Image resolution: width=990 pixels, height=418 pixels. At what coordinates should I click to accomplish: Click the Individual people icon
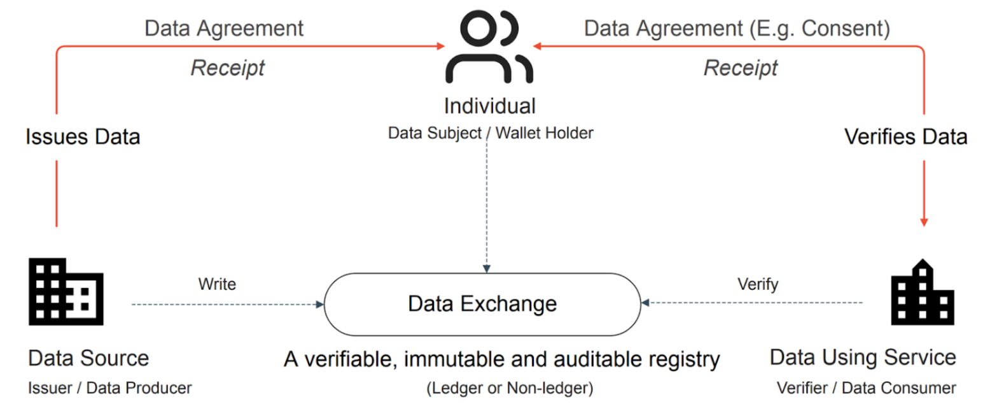[x=488, y=48]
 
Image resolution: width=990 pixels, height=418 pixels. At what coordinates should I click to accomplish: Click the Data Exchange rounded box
[x=482, y=304]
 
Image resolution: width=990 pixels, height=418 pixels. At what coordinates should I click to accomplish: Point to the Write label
[x=216, y=284]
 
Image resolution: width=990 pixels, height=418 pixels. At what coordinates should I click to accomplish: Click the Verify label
[x=757, y=284]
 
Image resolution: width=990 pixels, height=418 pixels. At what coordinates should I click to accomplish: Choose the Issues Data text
[x=83, y=136]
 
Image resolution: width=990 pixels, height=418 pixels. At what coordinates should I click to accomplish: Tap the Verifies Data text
[x=905, y=136]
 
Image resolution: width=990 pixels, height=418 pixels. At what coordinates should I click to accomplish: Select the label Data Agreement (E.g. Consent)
[x=737, y=29]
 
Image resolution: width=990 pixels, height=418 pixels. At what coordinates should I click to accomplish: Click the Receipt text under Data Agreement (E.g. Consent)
[x=740, y=67]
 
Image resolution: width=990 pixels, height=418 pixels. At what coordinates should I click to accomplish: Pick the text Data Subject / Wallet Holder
[x=491, y=133]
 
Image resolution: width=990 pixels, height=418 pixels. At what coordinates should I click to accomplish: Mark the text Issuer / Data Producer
[x=109, y=387]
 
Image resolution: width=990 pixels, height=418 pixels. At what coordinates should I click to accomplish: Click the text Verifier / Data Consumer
[x=866, y=387]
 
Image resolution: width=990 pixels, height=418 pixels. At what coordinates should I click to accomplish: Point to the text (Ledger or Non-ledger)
[x=510, y=388]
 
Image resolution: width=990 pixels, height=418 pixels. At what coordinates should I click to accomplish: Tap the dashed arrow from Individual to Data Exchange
[x=487, y=204]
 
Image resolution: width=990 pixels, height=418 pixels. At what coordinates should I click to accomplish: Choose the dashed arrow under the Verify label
[x=754, y=303]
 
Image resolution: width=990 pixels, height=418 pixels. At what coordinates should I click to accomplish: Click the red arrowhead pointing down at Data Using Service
[x=924, y=221]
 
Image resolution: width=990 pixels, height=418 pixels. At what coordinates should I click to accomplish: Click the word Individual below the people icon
[x=489, y=105]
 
